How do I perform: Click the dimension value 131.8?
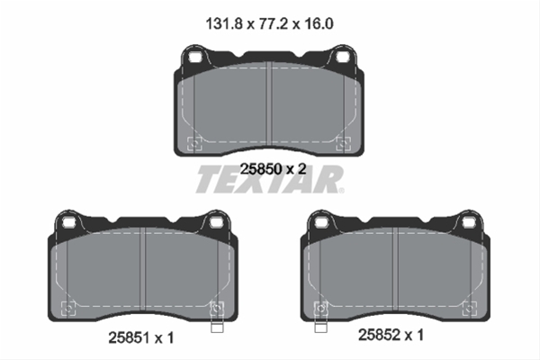[224, 24]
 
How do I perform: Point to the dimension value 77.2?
[273, 24]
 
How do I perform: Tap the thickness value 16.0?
[319, 24]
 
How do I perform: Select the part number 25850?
[261, 169]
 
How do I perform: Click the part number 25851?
[129, 338]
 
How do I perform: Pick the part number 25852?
[379, 335]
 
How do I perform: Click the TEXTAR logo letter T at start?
[210, 179]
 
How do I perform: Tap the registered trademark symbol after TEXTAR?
[341, 191]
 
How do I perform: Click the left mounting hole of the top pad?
[195, 57]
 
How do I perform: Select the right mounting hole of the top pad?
[342, 57]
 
